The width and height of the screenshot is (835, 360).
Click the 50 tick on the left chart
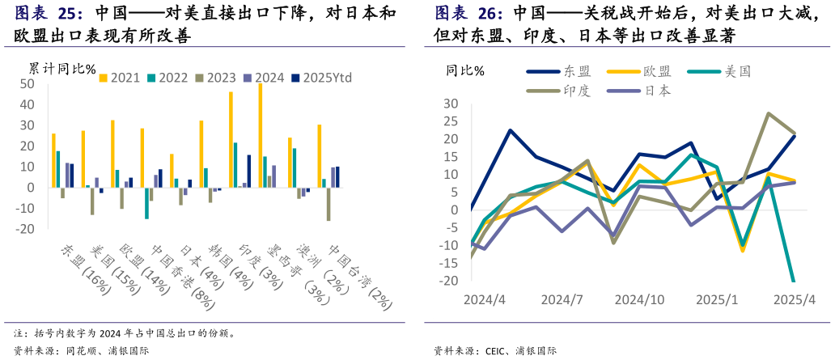point(27,84)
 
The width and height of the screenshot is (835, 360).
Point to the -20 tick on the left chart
point(24,229)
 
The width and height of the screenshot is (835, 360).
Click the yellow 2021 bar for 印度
point(231,139)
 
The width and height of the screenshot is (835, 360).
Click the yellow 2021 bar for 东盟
point(53,160)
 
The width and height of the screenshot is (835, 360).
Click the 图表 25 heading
point(49,14)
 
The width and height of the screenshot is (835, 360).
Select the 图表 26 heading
point(469,14)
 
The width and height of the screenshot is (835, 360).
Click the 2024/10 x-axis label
point(639,299)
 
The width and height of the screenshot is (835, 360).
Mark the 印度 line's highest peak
point(768,114)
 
